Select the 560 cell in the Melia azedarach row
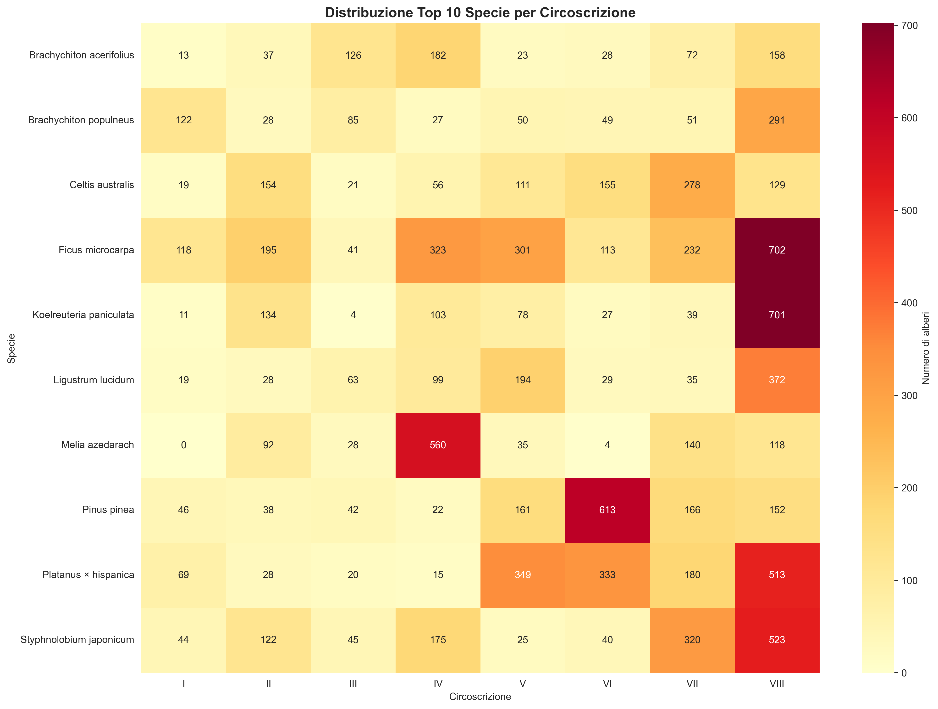pos(438,445)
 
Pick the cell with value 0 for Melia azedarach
pos(184,445)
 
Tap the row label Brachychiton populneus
pos(81,120)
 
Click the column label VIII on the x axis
pos(777,684)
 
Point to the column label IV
pos(438,684)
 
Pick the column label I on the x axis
pos(184,684)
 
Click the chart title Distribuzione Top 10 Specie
pos(480,13)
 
